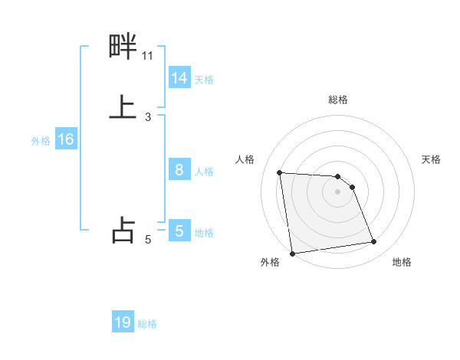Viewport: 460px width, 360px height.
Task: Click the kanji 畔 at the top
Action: click(123, 48)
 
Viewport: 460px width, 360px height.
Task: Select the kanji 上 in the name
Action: click(123, 107)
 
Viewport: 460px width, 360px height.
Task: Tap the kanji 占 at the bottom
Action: click(123, 230)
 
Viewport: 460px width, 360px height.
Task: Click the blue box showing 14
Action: click(179, 78)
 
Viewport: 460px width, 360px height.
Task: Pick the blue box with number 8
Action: click(179, 170)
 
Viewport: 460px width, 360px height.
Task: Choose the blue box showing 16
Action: click(66, 139)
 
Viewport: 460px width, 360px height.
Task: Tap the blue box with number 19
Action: click(123, 322)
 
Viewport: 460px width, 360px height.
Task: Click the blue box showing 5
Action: click(179, 231)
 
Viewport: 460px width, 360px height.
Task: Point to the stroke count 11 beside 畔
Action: click(148, 55)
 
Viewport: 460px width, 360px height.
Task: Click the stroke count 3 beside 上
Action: click(148, 117)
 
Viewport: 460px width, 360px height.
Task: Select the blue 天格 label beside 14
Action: click(204, 80)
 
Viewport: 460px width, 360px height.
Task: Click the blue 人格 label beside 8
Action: click(204, 172)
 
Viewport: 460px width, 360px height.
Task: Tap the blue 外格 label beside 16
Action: click(41, 141)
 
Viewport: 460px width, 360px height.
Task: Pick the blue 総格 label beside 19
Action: click(147, 324)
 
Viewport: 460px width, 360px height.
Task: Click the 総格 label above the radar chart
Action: click(338, 100)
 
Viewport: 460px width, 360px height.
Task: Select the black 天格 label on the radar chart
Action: click(431, 159)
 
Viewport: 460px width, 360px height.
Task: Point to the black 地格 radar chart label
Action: click(402, 263)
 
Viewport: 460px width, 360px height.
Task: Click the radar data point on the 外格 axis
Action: click(292, 254)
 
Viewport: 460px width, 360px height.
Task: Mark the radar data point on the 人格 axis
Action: click(280, 172)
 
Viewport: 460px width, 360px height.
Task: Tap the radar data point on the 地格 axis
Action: click(374, 242)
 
